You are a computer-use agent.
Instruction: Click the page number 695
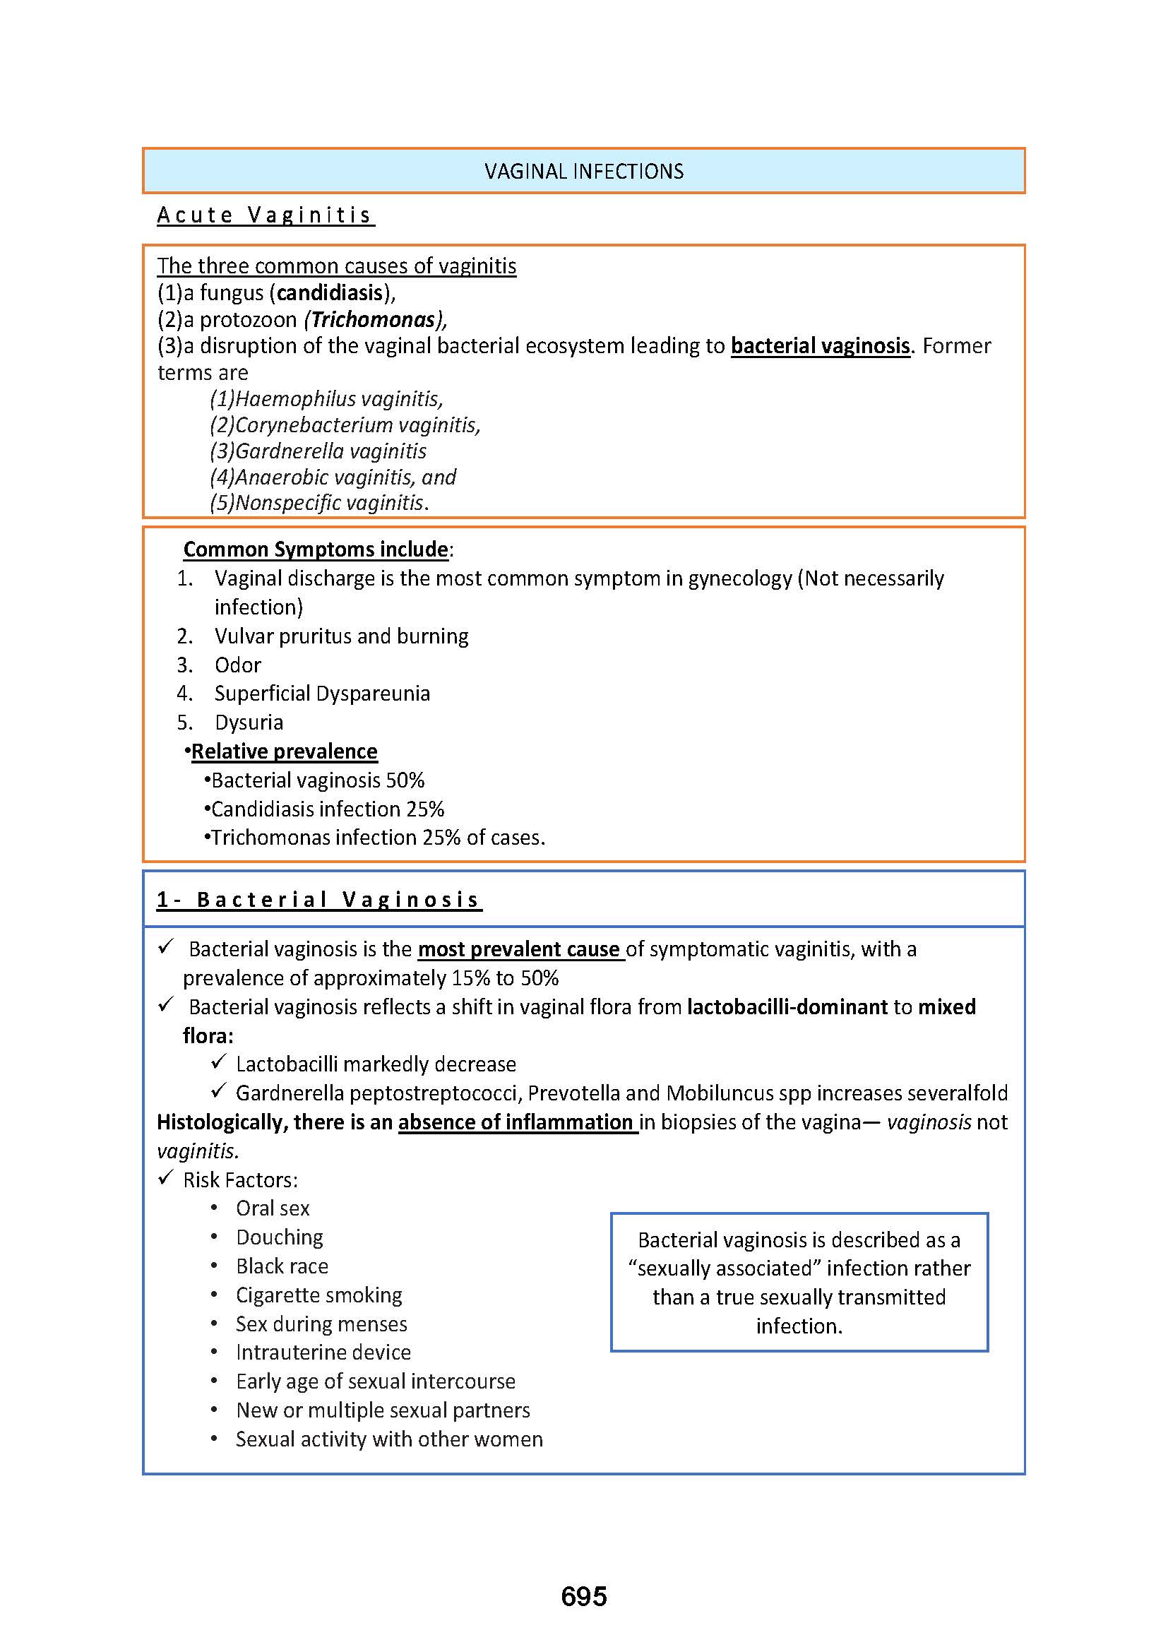[583, 1596]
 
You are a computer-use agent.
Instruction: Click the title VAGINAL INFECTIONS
[583, 171]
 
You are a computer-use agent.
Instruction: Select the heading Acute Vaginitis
[266, 215]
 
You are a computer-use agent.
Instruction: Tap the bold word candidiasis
[330, 293]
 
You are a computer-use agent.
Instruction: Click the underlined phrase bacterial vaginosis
[820, 346]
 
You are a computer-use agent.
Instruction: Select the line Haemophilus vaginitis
[326, 398]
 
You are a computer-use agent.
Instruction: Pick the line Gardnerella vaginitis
[318, 451]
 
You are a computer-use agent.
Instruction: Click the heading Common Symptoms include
[316, 549]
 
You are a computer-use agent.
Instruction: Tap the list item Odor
[237, 665]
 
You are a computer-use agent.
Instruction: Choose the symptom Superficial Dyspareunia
[321, 694]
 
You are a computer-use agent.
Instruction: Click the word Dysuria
[249, 723]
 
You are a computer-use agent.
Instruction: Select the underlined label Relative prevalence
[284, 751]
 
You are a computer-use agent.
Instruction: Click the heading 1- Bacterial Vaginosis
[318, 900]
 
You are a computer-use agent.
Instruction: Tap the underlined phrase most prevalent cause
[520, 950]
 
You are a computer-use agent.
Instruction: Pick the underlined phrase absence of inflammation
[516, 1122]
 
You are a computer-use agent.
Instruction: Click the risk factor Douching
[279, 1237]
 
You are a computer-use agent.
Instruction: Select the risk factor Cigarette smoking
[318, 1295]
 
